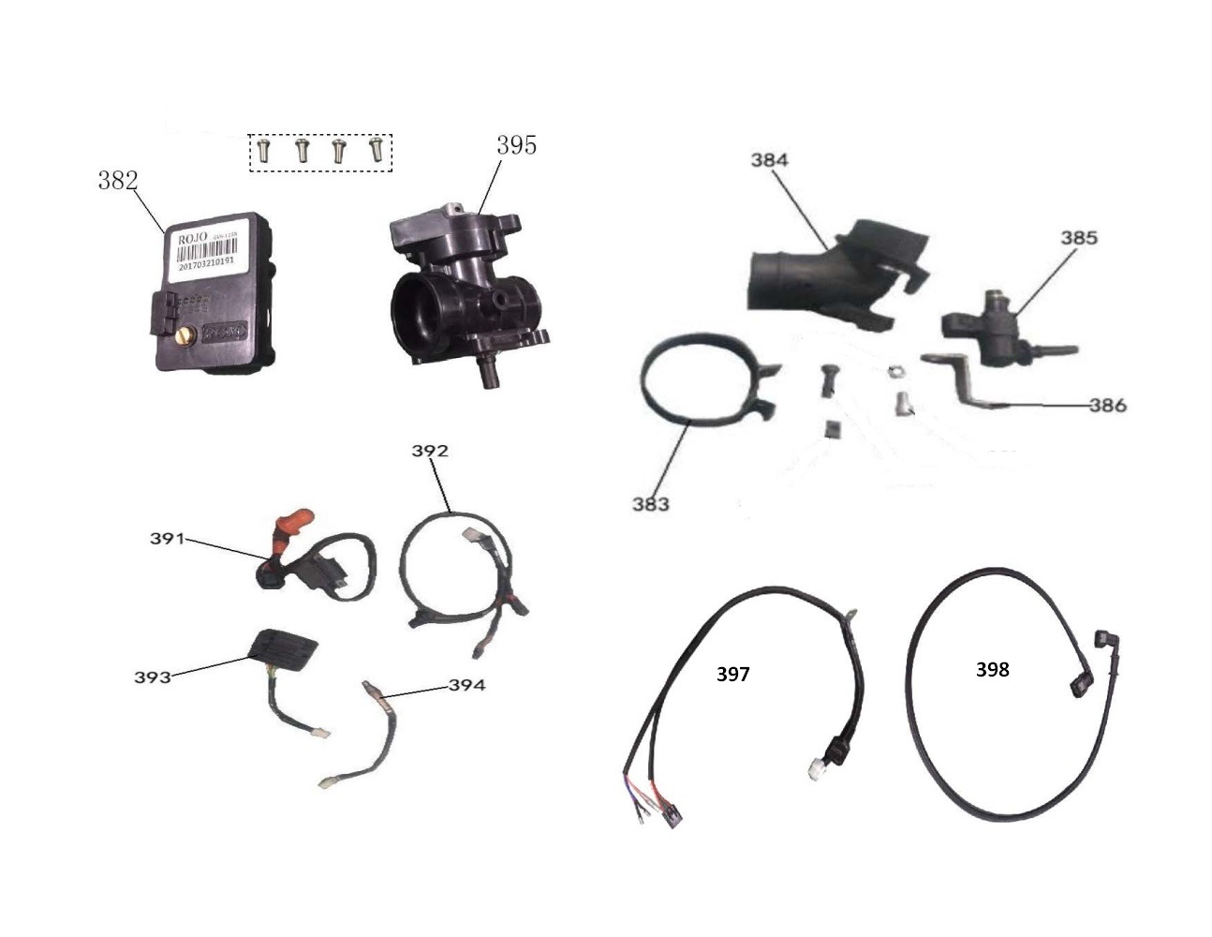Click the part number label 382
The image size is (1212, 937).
[x=118, y=181]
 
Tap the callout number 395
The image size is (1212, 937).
[x=516, y=145]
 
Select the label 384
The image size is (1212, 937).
[x=769, y=160]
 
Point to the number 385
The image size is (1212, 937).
[x=1079, y=238]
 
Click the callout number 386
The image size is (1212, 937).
[x=1107, y=406]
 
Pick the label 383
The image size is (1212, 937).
[x=650, y=504]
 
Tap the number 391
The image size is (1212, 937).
[x=168, y=539]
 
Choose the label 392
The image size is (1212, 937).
[x=430, y=451]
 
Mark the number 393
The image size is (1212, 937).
[x=153, y=676]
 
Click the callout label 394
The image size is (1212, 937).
[x=466, y=685]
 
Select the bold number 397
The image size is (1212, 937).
[x=732, y=674]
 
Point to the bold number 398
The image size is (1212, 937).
[x=992, y=669]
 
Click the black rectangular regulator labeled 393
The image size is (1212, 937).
[x=281, y=650]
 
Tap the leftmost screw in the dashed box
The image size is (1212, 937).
[x=263, y=150]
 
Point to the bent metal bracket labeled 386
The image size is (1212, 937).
[x=955, y=379]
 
